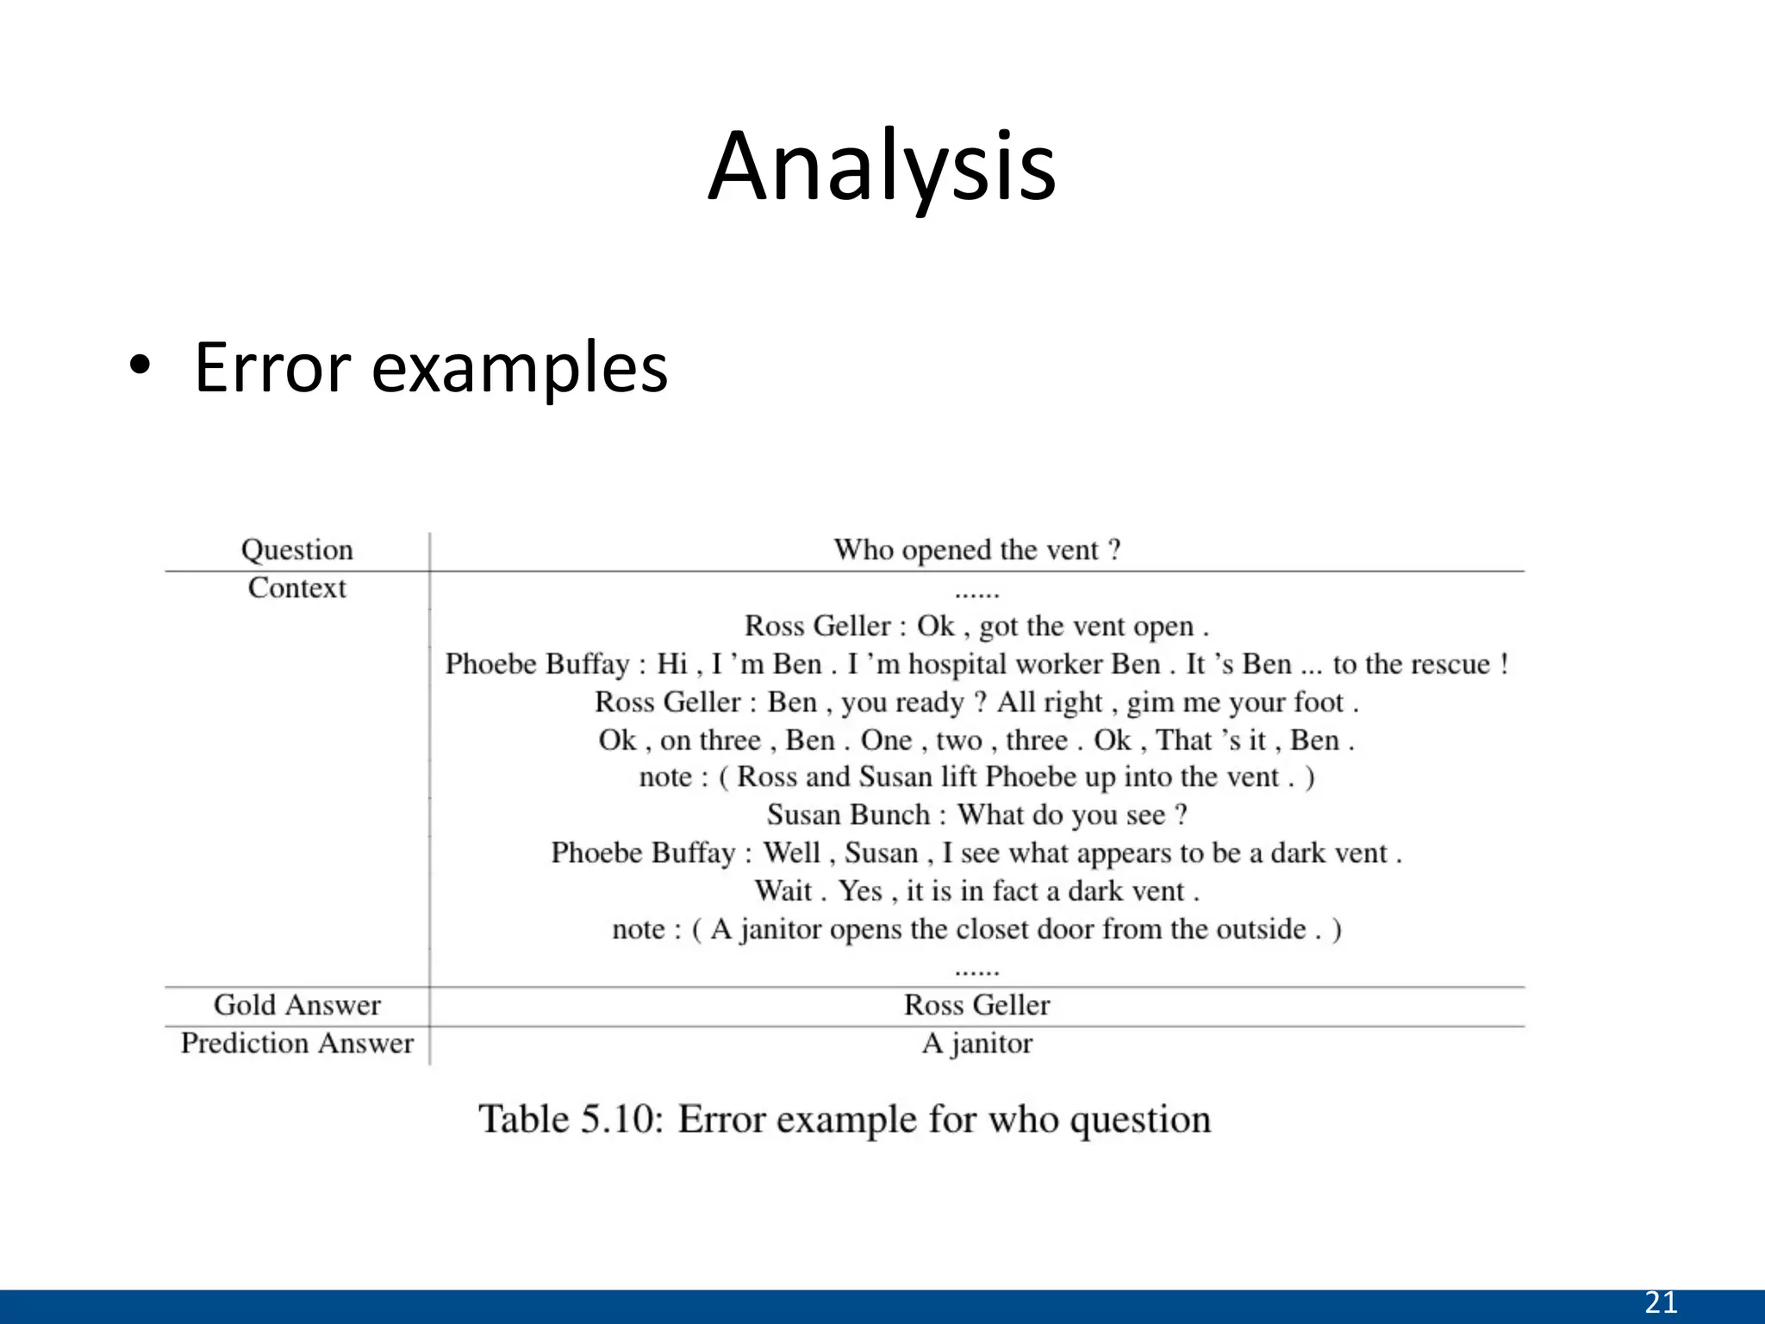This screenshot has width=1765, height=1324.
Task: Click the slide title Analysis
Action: pos(882,167)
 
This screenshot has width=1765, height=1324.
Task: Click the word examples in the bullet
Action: pos(519,368)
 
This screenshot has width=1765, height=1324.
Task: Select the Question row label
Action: pos(296,550)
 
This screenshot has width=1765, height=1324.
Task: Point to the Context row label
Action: pos(296,588)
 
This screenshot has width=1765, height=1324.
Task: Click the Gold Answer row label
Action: pos(296,1005)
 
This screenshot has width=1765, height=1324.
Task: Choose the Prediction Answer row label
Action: pos(296,1043)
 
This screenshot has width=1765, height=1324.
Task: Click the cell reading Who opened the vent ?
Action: pos(976,550)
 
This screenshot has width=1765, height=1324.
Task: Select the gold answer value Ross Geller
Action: pos(976,1005)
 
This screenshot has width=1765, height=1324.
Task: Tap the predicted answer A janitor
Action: pos(976,1043)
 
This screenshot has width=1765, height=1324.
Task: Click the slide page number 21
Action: pos(1661,1302)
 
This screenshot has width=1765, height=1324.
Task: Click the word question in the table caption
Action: pos(1140,1119)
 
